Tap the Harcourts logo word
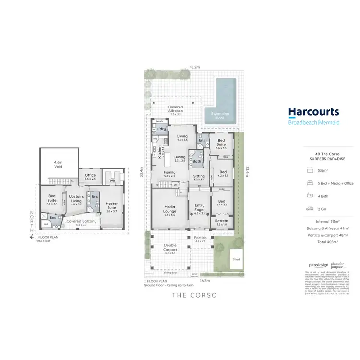coord(313,112)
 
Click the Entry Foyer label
coord(200,207)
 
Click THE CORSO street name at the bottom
coord(194,295)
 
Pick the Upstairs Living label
coord(77,199)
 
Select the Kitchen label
coord(160,152)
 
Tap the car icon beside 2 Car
coord(308,208)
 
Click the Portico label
coord(200,239)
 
